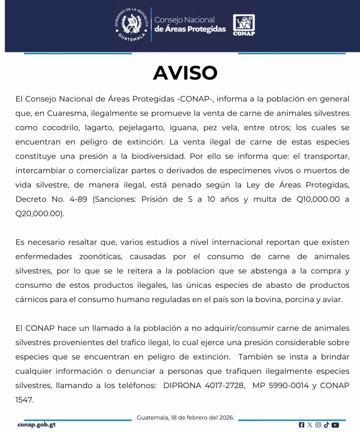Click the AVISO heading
point(185,73)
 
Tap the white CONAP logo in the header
point(244,25)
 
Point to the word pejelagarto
point(137,127)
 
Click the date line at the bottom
point(185,418)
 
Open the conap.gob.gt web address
point(36,424)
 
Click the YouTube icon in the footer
point(336,425)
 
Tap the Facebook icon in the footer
point(301,425)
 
